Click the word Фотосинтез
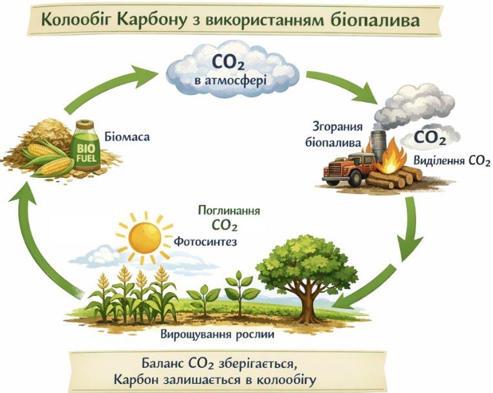[206, 242]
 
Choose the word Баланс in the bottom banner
[167, 361]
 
